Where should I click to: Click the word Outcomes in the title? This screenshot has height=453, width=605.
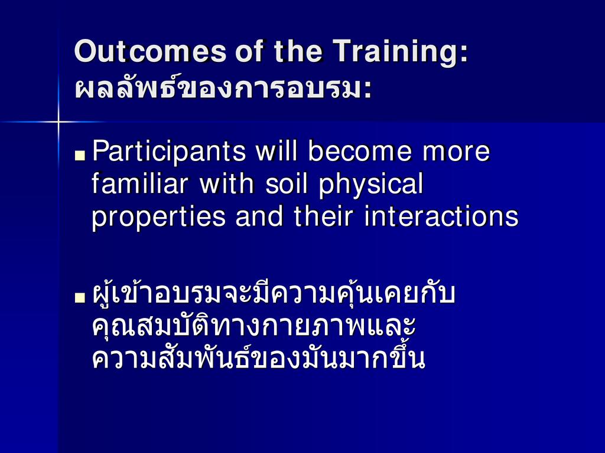click(x=151, y=51)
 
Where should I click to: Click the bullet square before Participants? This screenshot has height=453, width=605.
click(x=80, y=155)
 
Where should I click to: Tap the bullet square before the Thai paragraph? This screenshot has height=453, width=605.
click(x=80, y=297)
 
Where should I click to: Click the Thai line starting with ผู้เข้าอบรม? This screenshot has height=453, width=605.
click(x=274, y=294)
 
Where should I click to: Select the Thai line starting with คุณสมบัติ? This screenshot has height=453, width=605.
click(x=253, y=327)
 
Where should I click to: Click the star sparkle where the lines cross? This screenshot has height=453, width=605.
click(x=58, y=122)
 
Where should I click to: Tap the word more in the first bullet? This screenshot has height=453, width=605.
click(x=456, y=152)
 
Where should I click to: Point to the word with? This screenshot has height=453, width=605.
click(x=226, y=183)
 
